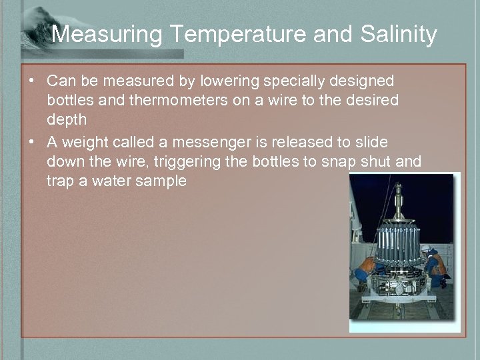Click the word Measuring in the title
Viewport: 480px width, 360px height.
(x=103, y=34)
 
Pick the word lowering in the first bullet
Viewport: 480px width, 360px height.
(x=233, y=81)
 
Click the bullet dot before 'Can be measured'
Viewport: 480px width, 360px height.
(x=32, y=81)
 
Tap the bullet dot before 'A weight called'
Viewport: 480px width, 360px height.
(x=32, y=142)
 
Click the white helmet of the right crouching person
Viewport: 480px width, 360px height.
(x=425, y=251)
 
